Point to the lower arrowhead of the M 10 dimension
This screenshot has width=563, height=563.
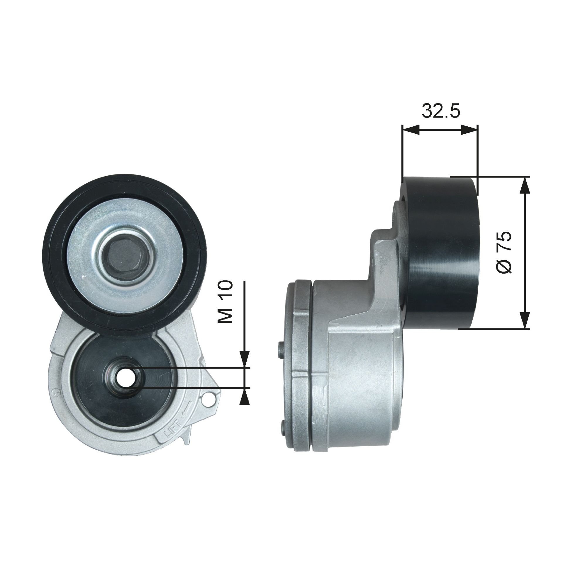click(x=244, y=395)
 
